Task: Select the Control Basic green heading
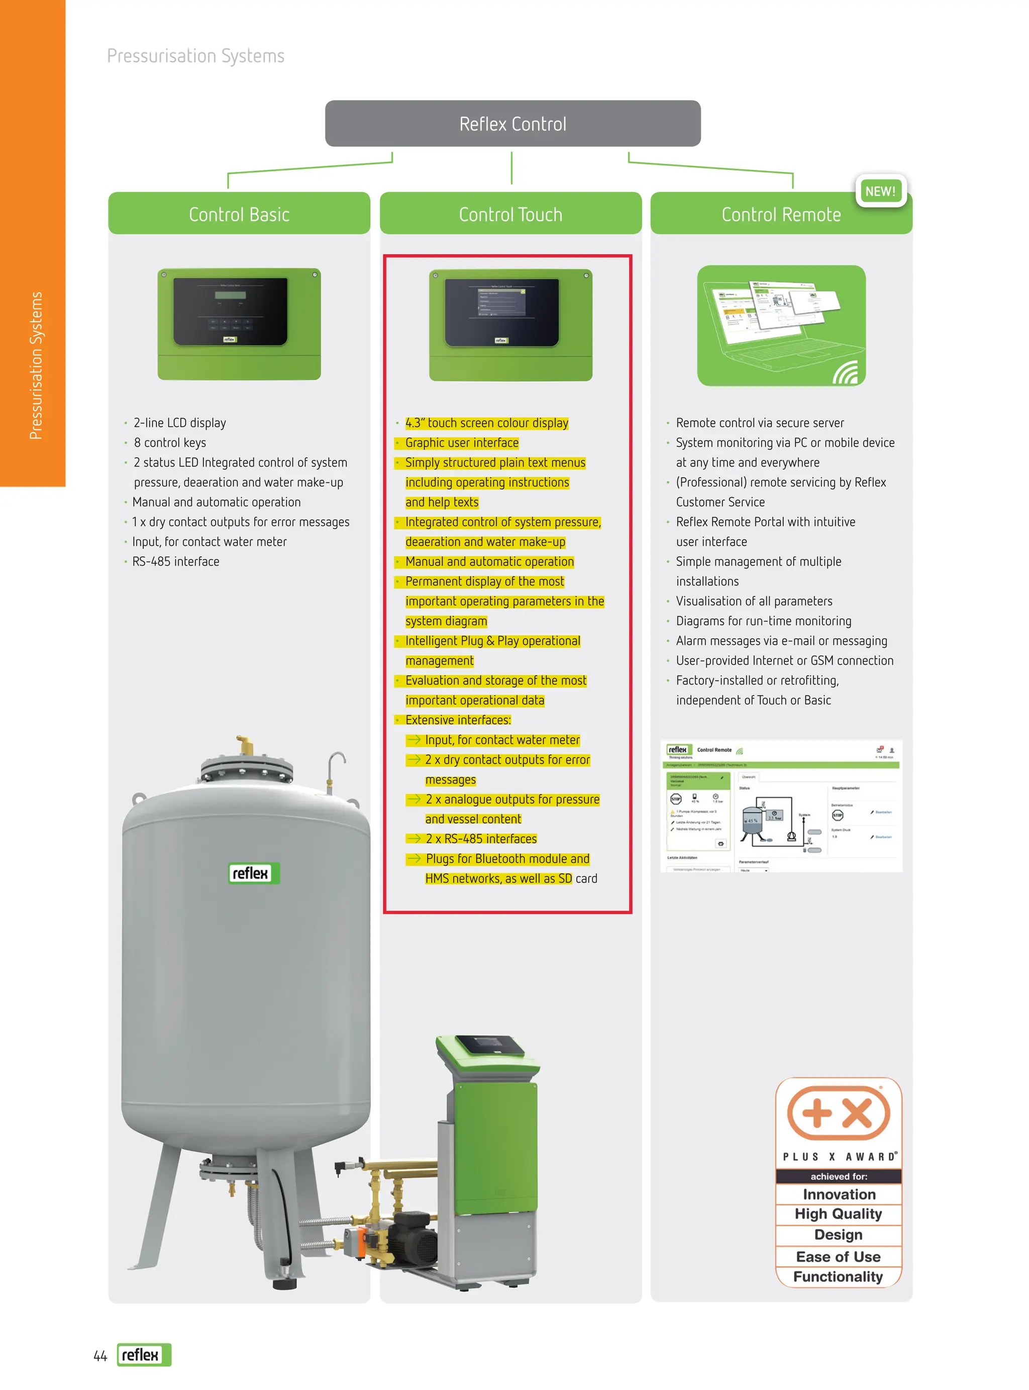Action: pos(239,214)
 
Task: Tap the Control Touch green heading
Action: pos(510,214)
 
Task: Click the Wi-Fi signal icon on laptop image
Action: pos(846,373)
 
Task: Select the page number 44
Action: pos(99,1356)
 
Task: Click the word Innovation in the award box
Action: pos(839,1194)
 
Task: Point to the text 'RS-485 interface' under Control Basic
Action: pos(176,562)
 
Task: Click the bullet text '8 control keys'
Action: pos(169,442)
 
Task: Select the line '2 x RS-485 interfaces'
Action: pos(480,839)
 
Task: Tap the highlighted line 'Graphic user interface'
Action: pos(462,442)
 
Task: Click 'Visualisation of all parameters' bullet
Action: pos(754,601)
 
